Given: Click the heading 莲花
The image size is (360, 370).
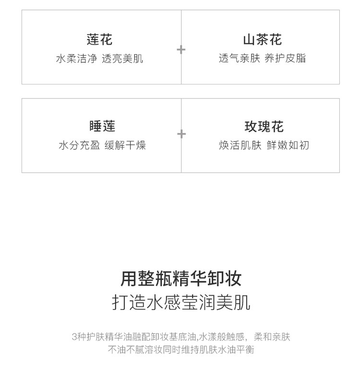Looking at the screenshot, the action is pyautogui.click(x=100, y=39).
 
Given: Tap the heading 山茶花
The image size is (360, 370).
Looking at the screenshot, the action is pyautogui.click(x=262, y=39).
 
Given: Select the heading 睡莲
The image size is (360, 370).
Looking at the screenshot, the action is pyautogui.click(x=102, y=126).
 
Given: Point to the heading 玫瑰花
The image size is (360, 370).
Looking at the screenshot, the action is pyautogui.click(x=264, y=126).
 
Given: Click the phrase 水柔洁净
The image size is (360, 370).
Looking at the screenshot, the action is pyautogui.click(x=76, y=59).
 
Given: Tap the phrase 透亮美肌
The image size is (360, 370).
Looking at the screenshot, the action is pyautogui.click(x=122, y=59).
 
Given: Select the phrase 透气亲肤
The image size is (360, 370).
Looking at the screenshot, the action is pyautogui.click(x=240, y=59).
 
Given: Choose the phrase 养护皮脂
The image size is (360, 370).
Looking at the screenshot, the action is pyautogui.click(x=285, y=59).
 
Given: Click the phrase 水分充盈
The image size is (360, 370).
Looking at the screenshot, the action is pyautogui.click(x=79, y=145).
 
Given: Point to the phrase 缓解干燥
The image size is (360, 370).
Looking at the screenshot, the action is pyautogui.click(x=125, y=145).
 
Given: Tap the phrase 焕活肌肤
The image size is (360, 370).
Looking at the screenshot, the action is pyautogui.click(x=240, y=145).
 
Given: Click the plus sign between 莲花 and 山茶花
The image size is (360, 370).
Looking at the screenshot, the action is pyautogui.click(x=181, y=49).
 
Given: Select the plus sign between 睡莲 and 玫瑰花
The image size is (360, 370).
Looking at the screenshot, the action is pyautogui.click(x=181, y=134).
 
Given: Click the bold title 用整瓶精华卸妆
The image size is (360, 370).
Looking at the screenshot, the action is pyautogui.click(x=181, y=278).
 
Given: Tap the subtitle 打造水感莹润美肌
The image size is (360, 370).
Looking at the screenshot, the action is pyautogui.click(x=181, y=303).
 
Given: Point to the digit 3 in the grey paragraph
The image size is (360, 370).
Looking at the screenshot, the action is pyautogui.click(x=74, y=337).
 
